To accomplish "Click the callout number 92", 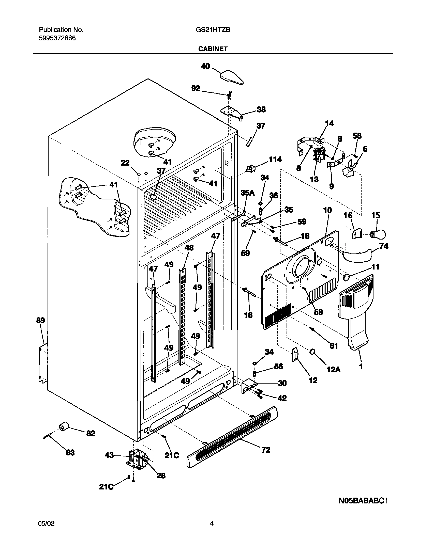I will pyautogui.click(x=196, y=88).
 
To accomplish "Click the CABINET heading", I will pyautogui.click(x=213, y=49).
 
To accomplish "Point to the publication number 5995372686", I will pyautogui.click(x=57, y=38).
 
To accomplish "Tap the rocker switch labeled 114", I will pyautogui.click(x=251, y=169).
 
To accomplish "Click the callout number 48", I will pyautogui.click(x=189, y=247).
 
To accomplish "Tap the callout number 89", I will pyautogui.click(x=40, y=321).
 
